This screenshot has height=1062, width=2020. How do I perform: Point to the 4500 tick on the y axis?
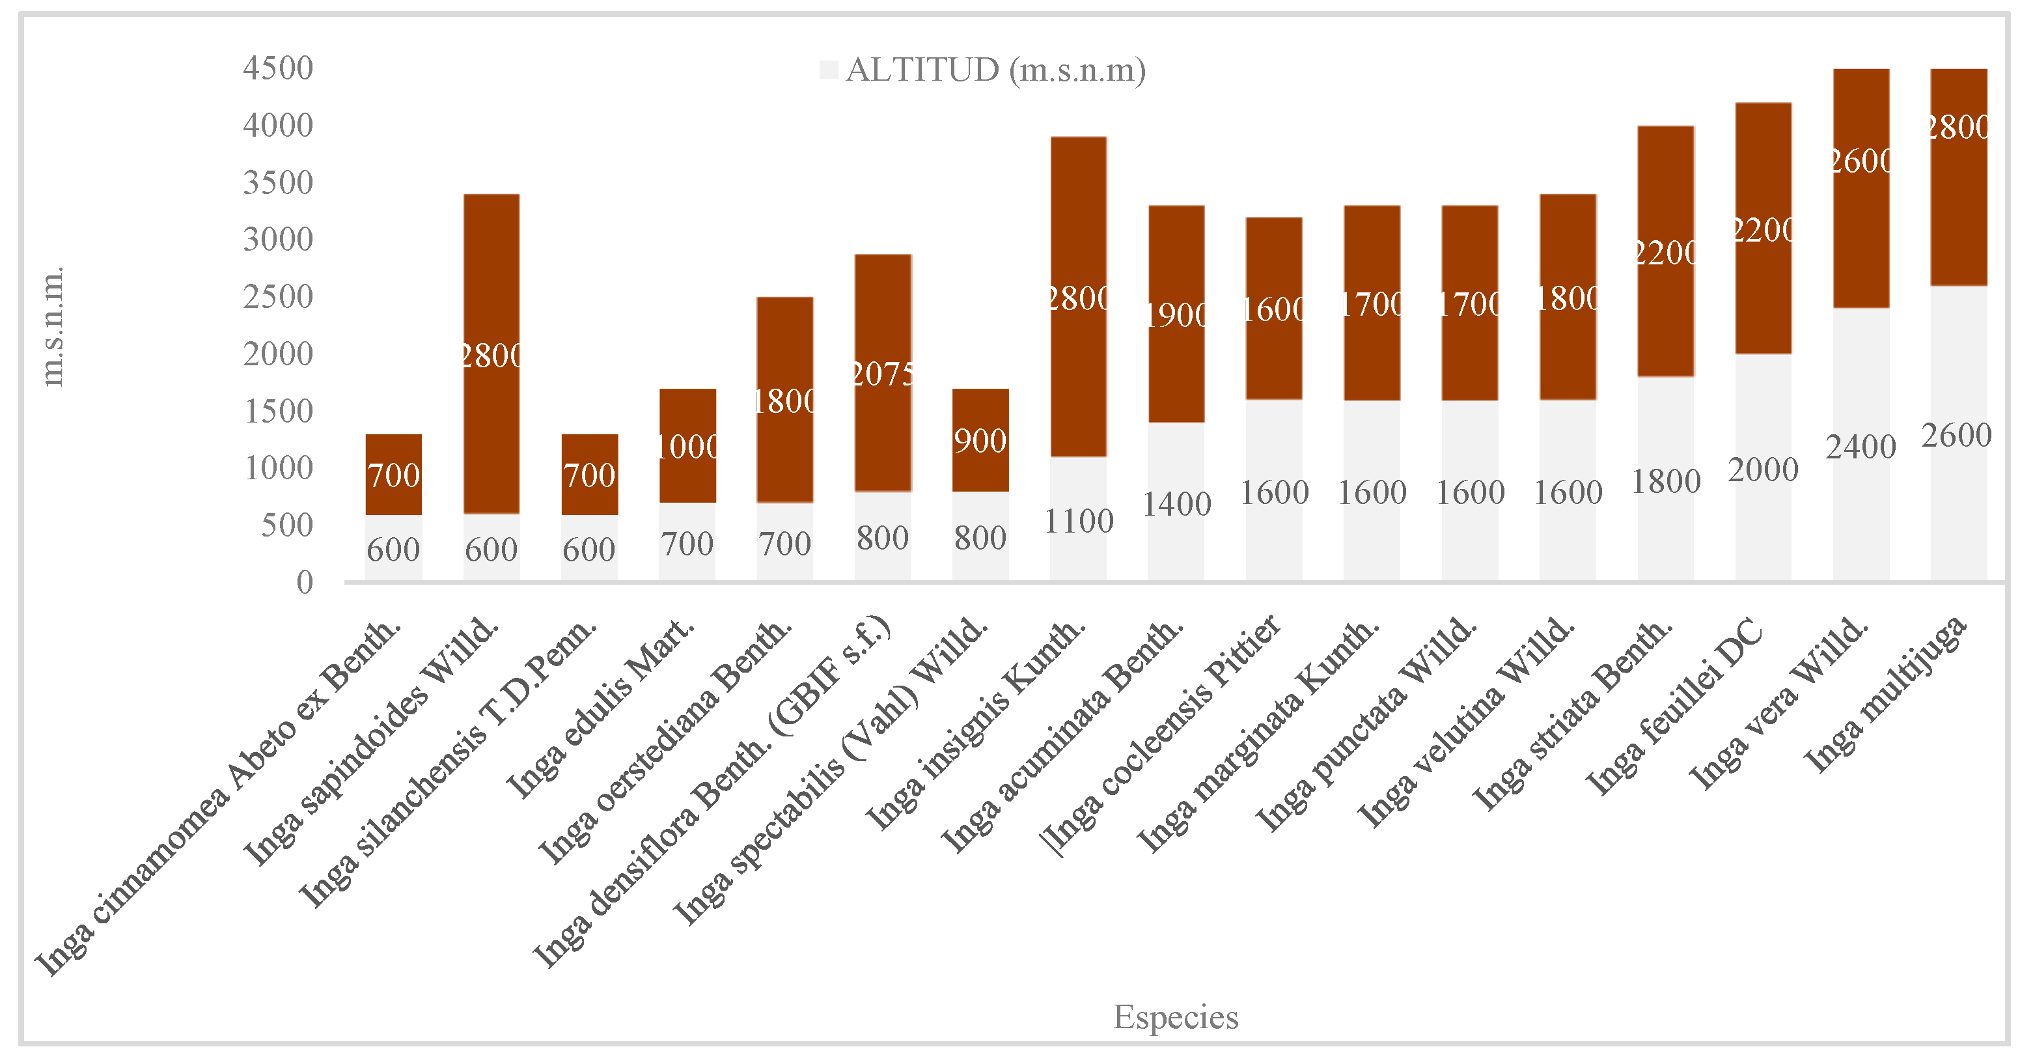(279, 68)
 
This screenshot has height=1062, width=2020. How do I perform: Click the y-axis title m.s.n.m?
(53, 326)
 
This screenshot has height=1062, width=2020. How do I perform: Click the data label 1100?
(1078, 522)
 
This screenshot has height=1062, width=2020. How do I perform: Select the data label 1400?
(1176, 505)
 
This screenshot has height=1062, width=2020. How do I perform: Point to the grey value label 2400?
(1860, 448)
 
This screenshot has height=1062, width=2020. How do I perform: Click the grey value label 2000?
(1763, 471)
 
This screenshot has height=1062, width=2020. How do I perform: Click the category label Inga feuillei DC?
(1674, 706)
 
